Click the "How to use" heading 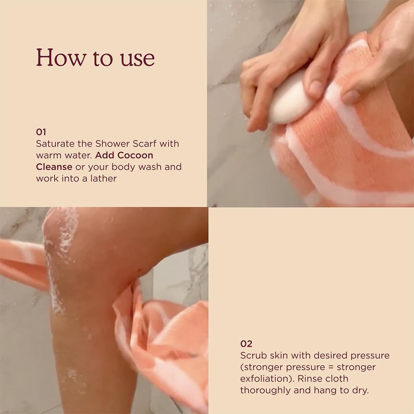[x=95, y=58]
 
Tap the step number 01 [x=41, y=132]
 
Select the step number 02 [x=246, y=344]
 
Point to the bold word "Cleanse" [x=54, y=167]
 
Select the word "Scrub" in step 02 [x=252, y=355]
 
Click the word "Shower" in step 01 [x=111, y=144]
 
